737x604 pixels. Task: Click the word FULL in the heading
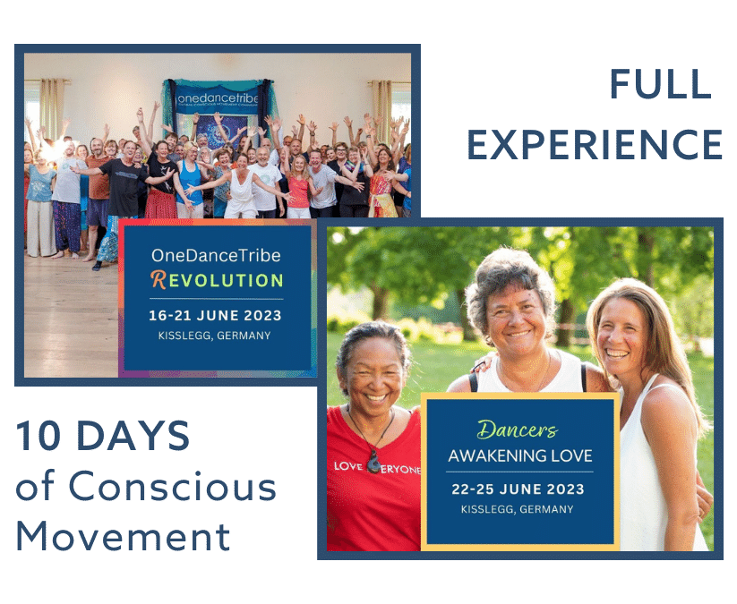click(x=660, y=84)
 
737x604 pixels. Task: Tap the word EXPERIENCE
click(x=595, y=145)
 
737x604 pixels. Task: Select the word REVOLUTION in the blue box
click(x=217, y=280)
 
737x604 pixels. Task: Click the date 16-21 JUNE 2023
click(x=215, y=315)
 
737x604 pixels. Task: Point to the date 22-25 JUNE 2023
click(x=518, y=489)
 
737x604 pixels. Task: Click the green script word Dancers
click(x=518, y=430)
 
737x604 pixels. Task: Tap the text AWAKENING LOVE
click(x=520, y=455)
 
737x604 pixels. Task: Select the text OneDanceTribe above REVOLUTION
click(x=216, y=256)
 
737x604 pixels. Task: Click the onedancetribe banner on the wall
click(x=218, y=98)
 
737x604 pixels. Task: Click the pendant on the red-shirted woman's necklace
click(x=373, y=462)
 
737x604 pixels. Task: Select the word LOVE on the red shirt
click(x=347, y=466)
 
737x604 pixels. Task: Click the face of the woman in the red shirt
click(x=374, y=372)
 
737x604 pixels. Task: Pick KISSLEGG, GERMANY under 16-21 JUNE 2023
click(x=214, y=336)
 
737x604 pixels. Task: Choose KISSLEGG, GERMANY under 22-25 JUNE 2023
click(x=517, y=509)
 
